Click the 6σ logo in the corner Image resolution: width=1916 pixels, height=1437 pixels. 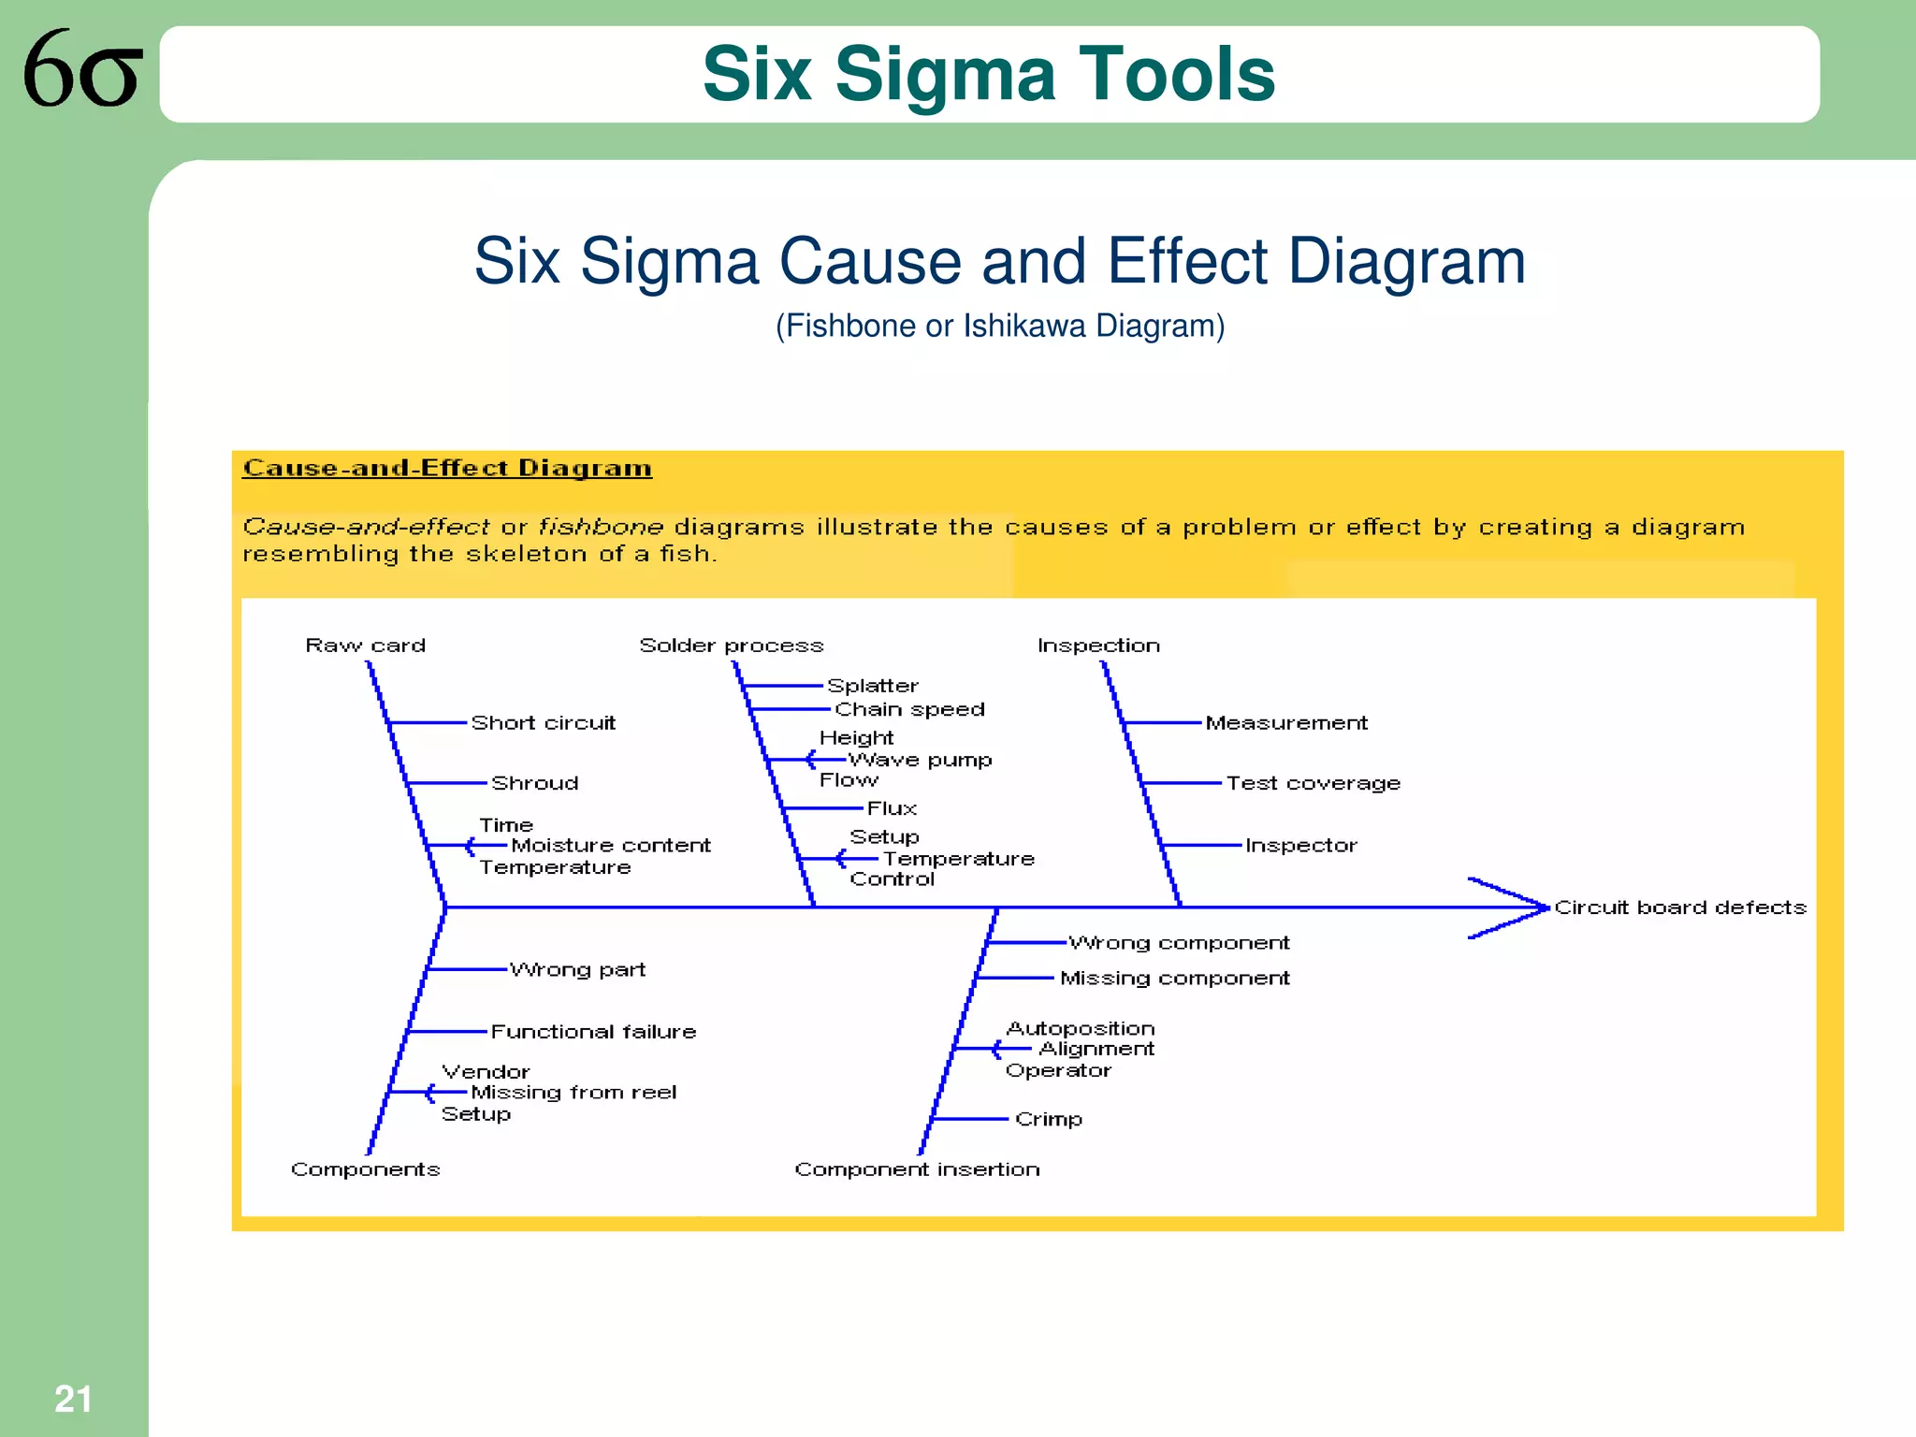pyautogui.click(x=82, y=69)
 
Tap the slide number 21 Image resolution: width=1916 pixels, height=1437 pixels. pyautogui.click(x=73, y=1399)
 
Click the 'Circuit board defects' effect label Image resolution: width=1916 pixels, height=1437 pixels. pyautogui.click(x=1680, y=907)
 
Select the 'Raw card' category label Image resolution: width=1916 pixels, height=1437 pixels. pyautogui.click(x=365, y=646)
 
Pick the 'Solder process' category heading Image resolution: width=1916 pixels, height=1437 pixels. pyautogui.click(x=731, y=646)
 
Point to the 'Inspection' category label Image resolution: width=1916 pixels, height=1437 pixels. pyautogui.click(x=1098, y=646)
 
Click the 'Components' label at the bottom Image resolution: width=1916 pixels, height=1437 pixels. pyautogui.click(x=365, y=1169)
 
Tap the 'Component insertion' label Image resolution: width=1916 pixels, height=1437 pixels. pyautogui.click(x=917, y=1169)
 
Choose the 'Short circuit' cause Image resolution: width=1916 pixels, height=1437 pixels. pyautogui.click(x=543, y=723)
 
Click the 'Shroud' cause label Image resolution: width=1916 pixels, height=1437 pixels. pyautogui.click(x=534, y=783)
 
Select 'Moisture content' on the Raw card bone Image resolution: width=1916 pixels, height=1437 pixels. pyautogui.click(x=610, y=846)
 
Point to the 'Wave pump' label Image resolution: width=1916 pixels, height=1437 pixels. pyautogui.click(x=920, y=760)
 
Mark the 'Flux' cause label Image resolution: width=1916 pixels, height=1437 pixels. pyautogui.click(x=892, y=808)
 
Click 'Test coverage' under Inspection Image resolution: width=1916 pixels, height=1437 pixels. pyautogui.click(x=1313, y=783)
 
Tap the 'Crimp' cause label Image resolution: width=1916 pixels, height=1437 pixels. pyautogui.click(x=1048, y=1119)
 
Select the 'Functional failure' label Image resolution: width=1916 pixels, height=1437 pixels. pyautogui.click(x=593, y=1032)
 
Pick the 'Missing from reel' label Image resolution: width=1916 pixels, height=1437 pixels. pyautogui.click(x=573, y=1093)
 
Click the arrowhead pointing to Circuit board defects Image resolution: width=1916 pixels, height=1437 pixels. pyautogui.click(x=1520, y=907)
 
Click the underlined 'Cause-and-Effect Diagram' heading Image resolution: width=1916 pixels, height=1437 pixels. pyautogui.click(x=447, y=469)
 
